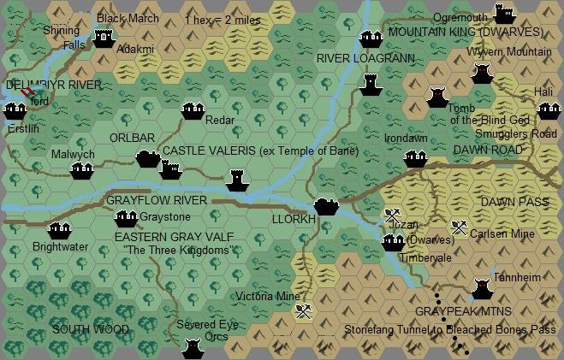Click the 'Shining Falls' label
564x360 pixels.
pos(62,37)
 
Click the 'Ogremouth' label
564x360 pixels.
pos(460,18)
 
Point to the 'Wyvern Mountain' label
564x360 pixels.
pos(508,52)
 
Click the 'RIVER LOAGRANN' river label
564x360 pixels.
pos(365,58)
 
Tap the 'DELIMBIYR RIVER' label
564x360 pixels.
pos(53,86)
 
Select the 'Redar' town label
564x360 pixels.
pos(220,121)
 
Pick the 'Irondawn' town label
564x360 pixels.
pos(406,139)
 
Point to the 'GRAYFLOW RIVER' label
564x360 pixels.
pos(157,200)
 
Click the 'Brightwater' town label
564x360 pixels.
pos(60,246)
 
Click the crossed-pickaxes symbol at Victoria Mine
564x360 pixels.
pos(302,312)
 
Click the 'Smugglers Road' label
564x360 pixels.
pos(516,134)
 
